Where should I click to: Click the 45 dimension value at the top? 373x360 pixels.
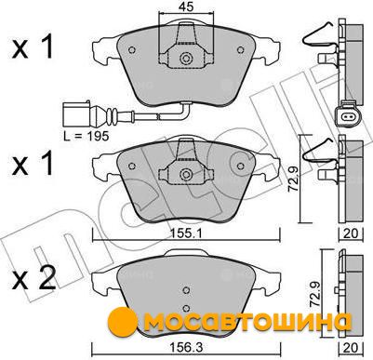pos(186,7)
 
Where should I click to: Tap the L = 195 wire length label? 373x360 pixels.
pos(87,136)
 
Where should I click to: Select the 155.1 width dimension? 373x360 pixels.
pos(186,233)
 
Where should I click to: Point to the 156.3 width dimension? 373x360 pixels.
pos(186,348)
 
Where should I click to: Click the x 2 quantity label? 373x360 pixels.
pos(33,279)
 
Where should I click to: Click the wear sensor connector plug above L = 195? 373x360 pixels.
pos(76,113)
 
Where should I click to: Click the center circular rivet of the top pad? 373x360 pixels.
pos(186,58)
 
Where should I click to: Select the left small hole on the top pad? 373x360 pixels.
pos(132,50)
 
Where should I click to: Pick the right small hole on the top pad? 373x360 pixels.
pos(240,50)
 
